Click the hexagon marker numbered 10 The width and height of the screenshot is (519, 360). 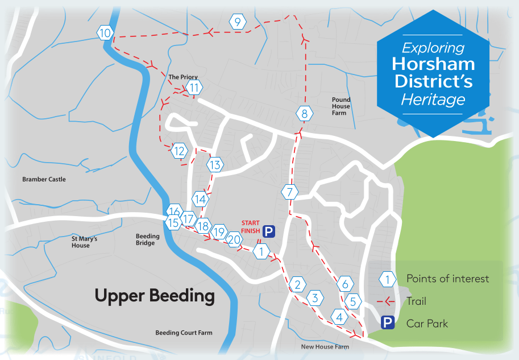105,33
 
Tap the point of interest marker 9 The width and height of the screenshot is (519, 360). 237,22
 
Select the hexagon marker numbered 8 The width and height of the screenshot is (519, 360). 305,114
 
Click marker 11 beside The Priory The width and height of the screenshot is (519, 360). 194,88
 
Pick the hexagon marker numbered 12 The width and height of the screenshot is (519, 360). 179,151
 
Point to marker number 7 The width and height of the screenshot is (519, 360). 289,192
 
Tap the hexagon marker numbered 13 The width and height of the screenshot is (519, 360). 214,165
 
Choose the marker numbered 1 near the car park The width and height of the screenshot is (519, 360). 261,251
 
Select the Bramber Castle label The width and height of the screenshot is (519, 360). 44,179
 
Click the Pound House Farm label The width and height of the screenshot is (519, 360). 341,106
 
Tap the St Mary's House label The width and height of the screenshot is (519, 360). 84,242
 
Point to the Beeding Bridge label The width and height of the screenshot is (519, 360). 145,239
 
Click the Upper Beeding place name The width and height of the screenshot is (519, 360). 155,296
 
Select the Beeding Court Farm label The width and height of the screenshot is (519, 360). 184,333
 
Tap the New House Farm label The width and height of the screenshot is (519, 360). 325,346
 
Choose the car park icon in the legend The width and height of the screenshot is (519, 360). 388,324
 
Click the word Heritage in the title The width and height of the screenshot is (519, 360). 433,100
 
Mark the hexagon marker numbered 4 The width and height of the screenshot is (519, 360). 340,317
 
